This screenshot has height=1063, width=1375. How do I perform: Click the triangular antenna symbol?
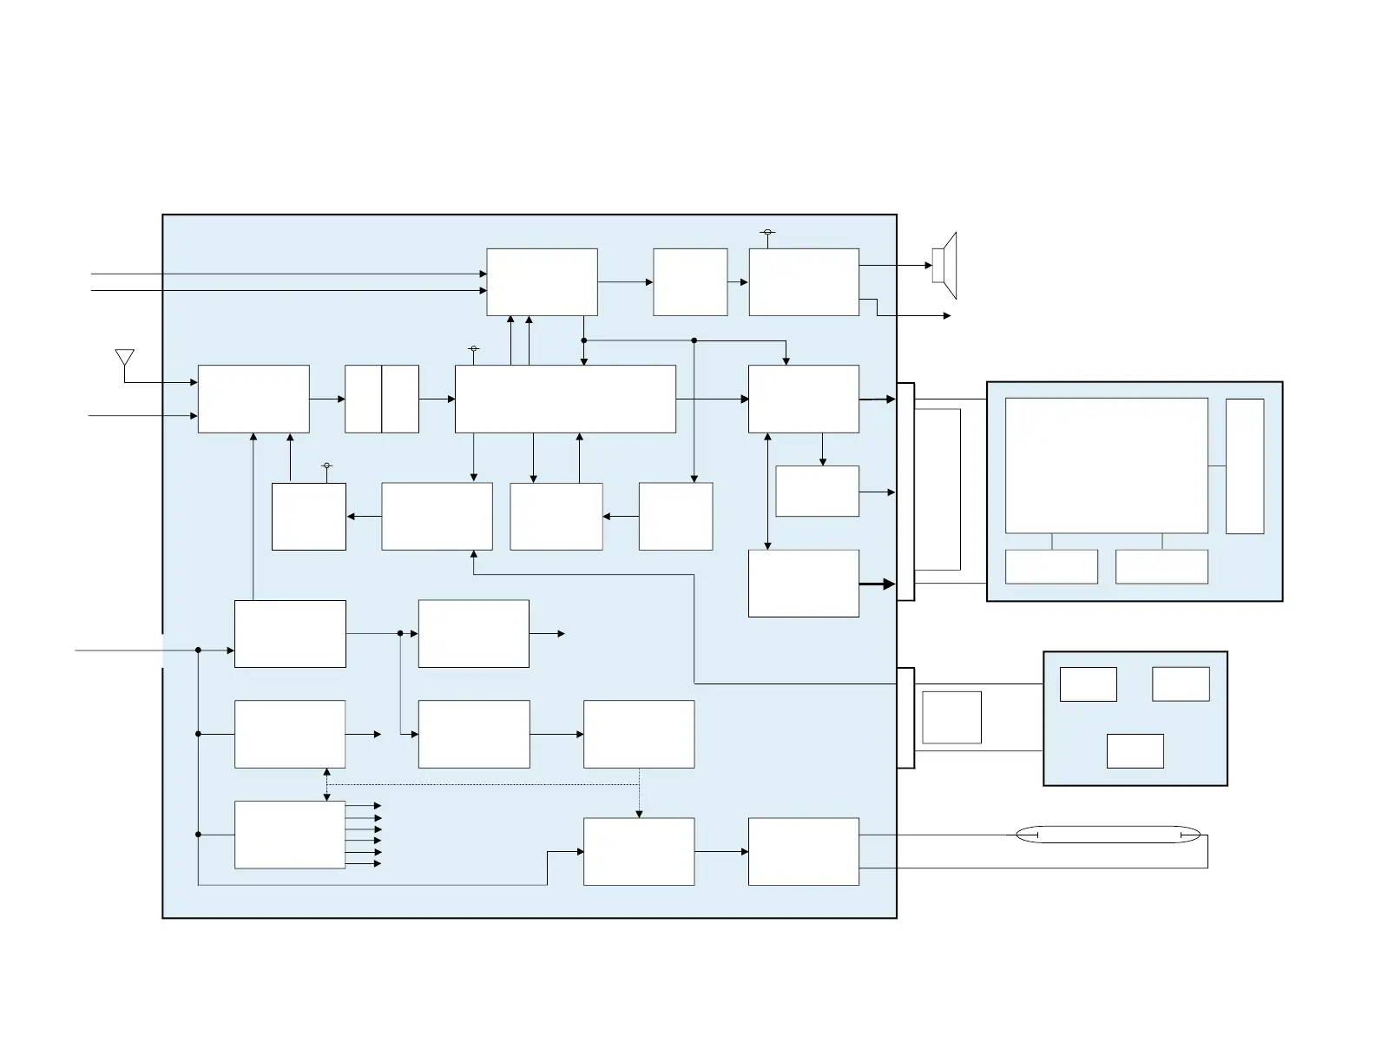(125, 358)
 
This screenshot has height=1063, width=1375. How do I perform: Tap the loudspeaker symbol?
(944, 265)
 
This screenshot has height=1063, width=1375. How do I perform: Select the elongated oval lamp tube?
(1109, 835)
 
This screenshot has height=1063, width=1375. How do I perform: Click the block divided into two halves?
(382, 399)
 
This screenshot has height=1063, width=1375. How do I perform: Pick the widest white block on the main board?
(565, 399)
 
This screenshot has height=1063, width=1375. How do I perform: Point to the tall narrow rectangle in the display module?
(1244, 466)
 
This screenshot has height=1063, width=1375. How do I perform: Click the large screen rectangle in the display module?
(1106, 465)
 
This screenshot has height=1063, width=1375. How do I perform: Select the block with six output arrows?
(290, 835)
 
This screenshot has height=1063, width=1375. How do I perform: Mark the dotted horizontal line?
(483, 785)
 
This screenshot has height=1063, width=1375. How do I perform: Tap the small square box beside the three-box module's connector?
(951, 717)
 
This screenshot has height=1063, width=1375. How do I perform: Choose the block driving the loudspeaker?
(804, 282)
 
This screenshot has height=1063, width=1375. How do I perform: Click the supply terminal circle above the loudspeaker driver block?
(767, 233)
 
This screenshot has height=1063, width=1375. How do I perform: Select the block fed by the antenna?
(253, 399)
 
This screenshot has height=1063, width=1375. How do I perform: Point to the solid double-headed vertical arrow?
(767, 491)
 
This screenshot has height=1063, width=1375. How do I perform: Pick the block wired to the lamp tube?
(804, 851)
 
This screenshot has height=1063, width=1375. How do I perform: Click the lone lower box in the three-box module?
(1135, 751)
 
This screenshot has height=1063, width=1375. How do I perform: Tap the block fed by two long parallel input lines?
(542, 282)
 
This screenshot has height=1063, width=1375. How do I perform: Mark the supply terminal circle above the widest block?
(473, 349)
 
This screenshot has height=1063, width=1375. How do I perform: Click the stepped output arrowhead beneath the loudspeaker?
(947, 316)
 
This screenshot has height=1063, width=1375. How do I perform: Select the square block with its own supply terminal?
(309, 517)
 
